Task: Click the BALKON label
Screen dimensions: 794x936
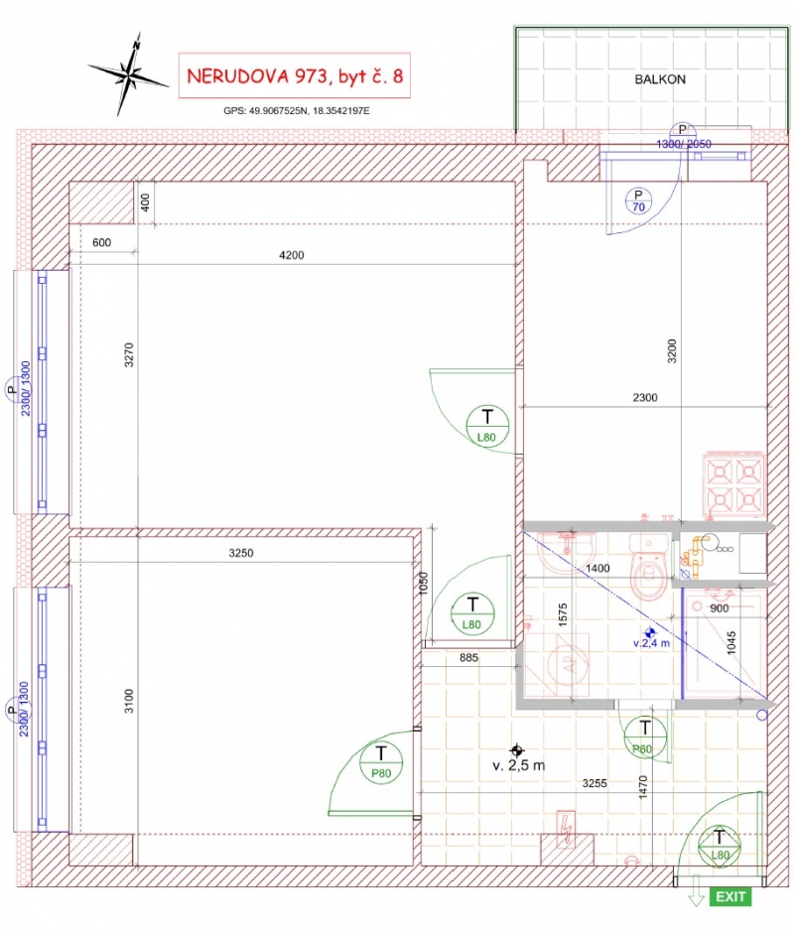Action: [x=660, y=79]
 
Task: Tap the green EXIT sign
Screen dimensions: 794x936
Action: [x=730, y=896]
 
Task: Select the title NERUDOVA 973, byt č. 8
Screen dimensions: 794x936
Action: [x=295, y=75]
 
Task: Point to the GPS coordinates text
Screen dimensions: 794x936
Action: [x=297, y=110]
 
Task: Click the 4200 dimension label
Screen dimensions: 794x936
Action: [x=292, y=255]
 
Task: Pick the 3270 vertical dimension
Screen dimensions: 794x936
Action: [x=129, y=354]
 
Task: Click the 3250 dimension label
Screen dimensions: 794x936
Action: [x=241, y=553]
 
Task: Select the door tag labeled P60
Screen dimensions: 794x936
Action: [x=643, y=737]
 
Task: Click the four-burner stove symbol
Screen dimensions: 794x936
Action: [x=734, y=484]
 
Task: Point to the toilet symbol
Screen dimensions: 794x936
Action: [x=648, y=567]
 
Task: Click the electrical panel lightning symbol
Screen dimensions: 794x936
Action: [x=566, y=828]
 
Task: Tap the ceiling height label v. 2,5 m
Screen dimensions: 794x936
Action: [x=518, y=764]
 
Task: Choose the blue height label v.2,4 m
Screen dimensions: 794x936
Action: [x=651, y=643]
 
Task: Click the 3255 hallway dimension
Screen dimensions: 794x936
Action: [x=595, y=783]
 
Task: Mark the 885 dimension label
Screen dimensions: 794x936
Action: [x=468, y=657]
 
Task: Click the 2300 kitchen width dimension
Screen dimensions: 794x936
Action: [x=645, y=398]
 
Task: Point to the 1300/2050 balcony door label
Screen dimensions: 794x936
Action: [x=684, y=144]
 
